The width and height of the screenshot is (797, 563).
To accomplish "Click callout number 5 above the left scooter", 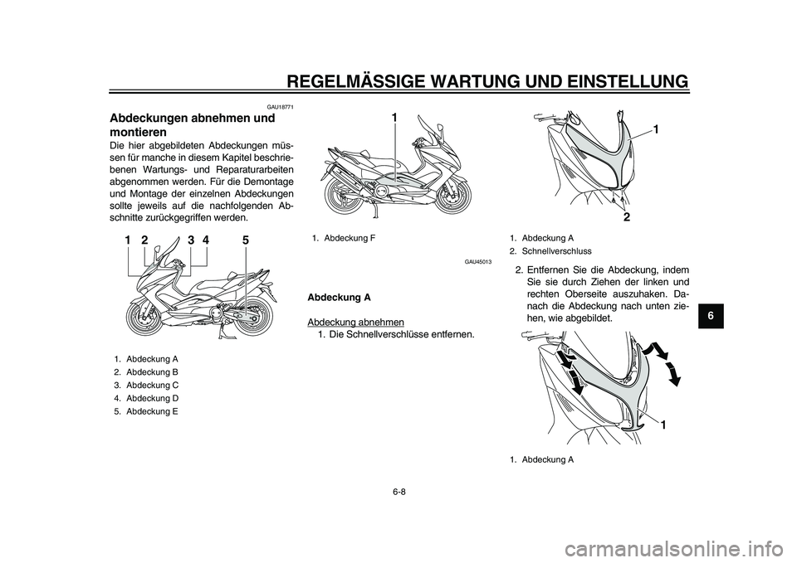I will [246, 240].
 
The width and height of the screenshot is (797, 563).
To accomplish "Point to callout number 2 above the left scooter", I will [144, 240].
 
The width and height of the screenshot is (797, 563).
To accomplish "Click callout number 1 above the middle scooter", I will [395, 119].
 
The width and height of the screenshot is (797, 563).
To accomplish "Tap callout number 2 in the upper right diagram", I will [626, 217].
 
